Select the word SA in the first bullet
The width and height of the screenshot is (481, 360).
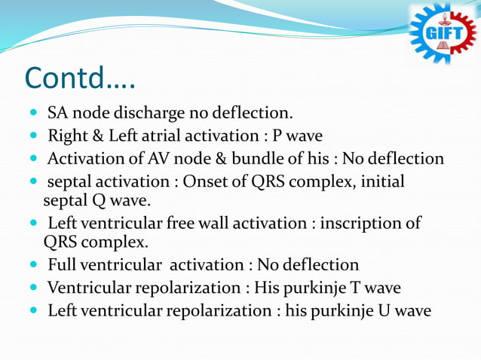[x=57, y=114]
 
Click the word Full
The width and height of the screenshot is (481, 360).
[x=62, y=265]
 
